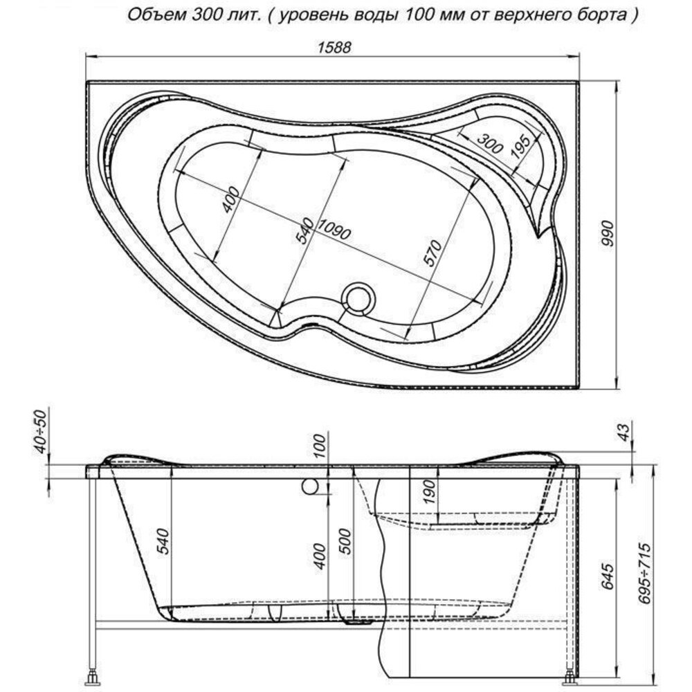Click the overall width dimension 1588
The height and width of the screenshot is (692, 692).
click(x=334, y=47)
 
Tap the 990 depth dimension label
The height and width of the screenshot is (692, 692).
click(x=608, y=236)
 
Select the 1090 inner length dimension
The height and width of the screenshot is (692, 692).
click(x=334, y=230)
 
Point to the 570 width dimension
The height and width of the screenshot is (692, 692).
click(x=432, y=253)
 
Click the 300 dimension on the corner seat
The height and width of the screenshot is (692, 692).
click(x=489, y=143)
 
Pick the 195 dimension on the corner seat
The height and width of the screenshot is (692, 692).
click(x=521, y=146)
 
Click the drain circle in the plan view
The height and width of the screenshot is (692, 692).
click(x=358, y=299)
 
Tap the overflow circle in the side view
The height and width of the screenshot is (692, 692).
click(x=310, y=486)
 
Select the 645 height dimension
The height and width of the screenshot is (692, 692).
click(x=608, y=576)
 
